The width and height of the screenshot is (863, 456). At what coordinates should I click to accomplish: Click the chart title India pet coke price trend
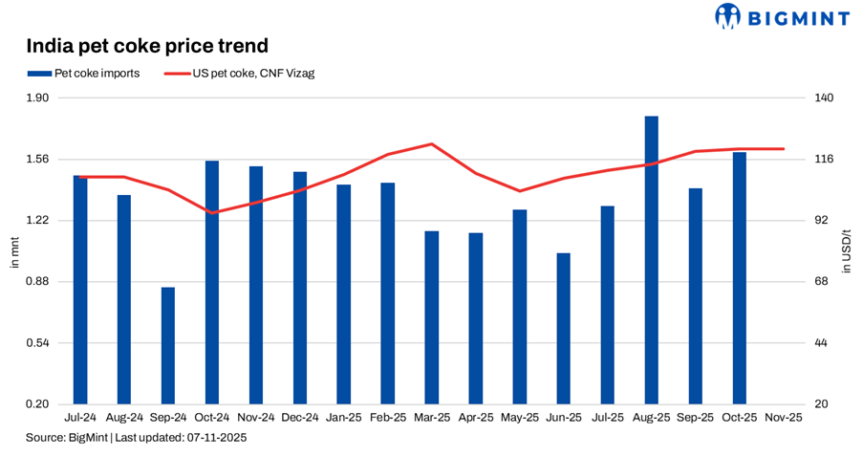coord(146,45)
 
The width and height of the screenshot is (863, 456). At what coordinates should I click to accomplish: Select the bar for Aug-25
coord(652,260)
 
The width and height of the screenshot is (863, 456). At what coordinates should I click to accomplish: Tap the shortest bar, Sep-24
coord(168,345)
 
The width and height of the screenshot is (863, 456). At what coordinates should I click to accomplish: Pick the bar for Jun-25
coord(564,328)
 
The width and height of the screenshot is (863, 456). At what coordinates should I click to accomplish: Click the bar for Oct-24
coord(212,282)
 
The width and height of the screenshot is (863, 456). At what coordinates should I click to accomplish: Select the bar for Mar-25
coord(432,317)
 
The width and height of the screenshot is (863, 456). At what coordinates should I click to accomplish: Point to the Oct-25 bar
coord(740,277)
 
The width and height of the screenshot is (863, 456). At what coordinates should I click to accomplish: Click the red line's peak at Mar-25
coord(432,144)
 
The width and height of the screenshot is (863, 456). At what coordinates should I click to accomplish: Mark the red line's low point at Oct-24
coord(212,212)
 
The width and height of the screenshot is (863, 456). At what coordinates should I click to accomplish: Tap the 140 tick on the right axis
coord(824,98)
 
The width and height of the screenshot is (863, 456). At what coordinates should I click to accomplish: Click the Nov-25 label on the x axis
coord(784,418)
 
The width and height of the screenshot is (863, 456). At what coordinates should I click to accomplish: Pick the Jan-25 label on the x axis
coord(344,418)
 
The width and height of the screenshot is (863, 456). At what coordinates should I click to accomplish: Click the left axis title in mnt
coord(13,251)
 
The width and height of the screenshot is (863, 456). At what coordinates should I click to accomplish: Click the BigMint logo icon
coord(727,15)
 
